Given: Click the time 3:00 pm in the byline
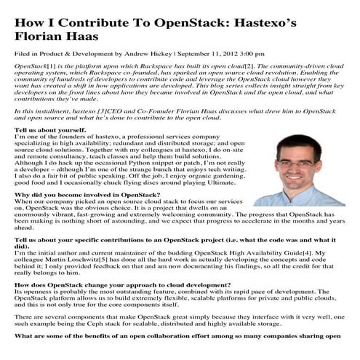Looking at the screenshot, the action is [255, 53].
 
